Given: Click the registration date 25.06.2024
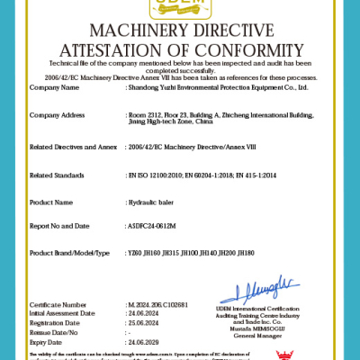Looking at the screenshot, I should (145, 321).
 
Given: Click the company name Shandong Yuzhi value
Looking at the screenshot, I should (219, 87).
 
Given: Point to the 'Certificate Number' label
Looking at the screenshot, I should (56, 305).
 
